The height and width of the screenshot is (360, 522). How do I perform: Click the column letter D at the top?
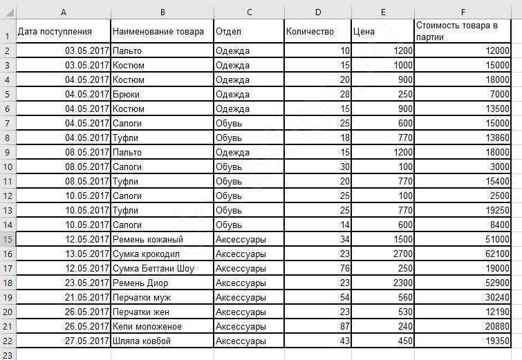tap(317, 12)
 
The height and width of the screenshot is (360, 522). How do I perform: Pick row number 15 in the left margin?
tap(8, 239)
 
